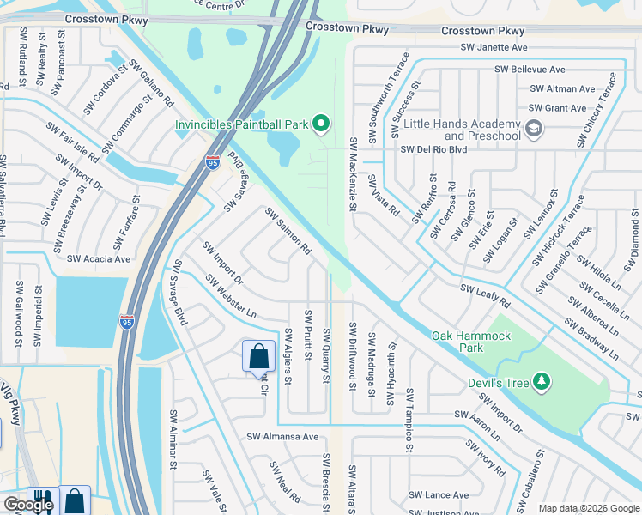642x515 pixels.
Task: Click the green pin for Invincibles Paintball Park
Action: pos(320,125)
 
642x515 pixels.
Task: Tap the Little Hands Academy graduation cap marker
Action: pos(533,130)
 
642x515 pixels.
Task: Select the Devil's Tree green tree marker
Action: pos(541,380)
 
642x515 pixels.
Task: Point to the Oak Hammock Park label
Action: pos(470,342)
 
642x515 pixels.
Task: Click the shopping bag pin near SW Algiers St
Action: pos(258,356)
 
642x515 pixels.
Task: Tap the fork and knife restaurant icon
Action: pos(40,501)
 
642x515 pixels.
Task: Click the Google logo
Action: pos(27,506)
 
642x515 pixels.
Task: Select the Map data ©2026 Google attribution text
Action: pos(588,508)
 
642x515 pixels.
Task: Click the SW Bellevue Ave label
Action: pos(530,70)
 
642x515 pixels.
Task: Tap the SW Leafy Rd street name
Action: pos(485,296)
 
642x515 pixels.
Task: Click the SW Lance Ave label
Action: pos(439,495)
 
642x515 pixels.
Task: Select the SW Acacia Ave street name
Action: pos(99,258)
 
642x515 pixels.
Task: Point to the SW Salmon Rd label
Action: pos(288,231)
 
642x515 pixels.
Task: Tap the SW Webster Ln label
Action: pos(231,296)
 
